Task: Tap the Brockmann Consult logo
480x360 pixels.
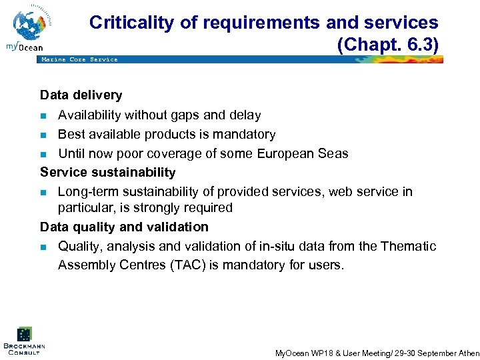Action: pyautogui.click(x=24, y=341)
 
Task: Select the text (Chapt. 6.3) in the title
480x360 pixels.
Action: pyautogui.click(x=388, y=45)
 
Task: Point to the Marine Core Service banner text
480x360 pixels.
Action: pyautogui.click(x=79, y=60)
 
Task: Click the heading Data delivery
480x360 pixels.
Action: pyautogui.click(x=81, y=95)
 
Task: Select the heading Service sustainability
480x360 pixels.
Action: pyautogui.click(x=107, y=172)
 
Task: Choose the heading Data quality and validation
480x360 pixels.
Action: pyautogui.click(x=124, y=227)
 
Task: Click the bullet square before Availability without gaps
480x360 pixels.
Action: pyautogui.click(x=44, y=116)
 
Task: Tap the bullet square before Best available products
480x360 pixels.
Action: pyautogui.click(x=44, y=135)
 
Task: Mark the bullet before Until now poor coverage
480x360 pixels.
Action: pyautogui.click(x=44, y=155)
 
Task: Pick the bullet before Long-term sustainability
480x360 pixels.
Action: pyautogui.click(x=44, y=193)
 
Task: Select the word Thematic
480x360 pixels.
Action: pyautogui.click(x=408, y=246)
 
